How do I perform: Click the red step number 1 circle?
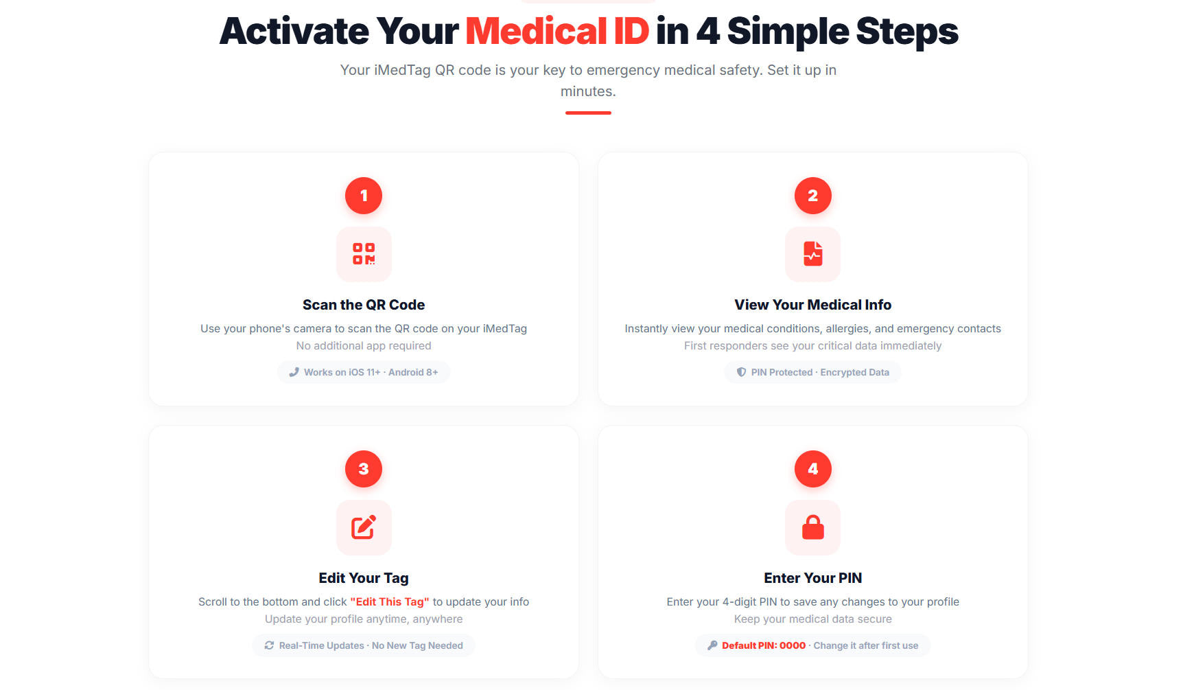coord(364,196)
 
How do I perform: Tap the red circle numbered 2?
coord(812,196)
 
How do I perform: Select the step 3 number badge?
coord(364,469)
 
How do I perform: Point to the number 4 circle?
coord(812,469)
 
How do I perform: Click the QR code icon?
coord(364,253)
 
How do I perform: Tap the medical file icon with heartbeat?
coord(813,253)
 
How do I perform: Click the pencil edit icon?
coord(364,527)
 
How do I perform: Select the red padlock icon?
coord(813,527)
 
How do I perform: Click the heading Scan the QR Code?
coord(364,305)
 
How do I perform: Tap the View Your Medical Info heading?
coord(813,305)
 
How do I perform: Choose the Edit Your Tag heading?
coord(364,578)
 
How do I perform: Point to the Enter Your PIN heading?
coord(813,578)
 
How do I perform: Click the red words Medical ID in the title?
coord(557,32)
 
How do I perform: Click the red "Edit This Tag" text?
coord(390,601)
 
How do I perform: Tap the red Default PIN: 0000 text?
coord(764,645)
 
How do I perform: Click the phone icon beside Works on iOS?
coord(294,372)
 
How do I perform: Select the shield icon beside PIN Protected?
coord(741,372)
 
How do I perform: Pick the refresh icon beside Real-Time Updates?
coord(269,645)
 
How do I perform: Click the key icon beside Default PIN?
coord(712,645)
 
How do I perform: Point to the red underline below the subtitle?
coord(588,113)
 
